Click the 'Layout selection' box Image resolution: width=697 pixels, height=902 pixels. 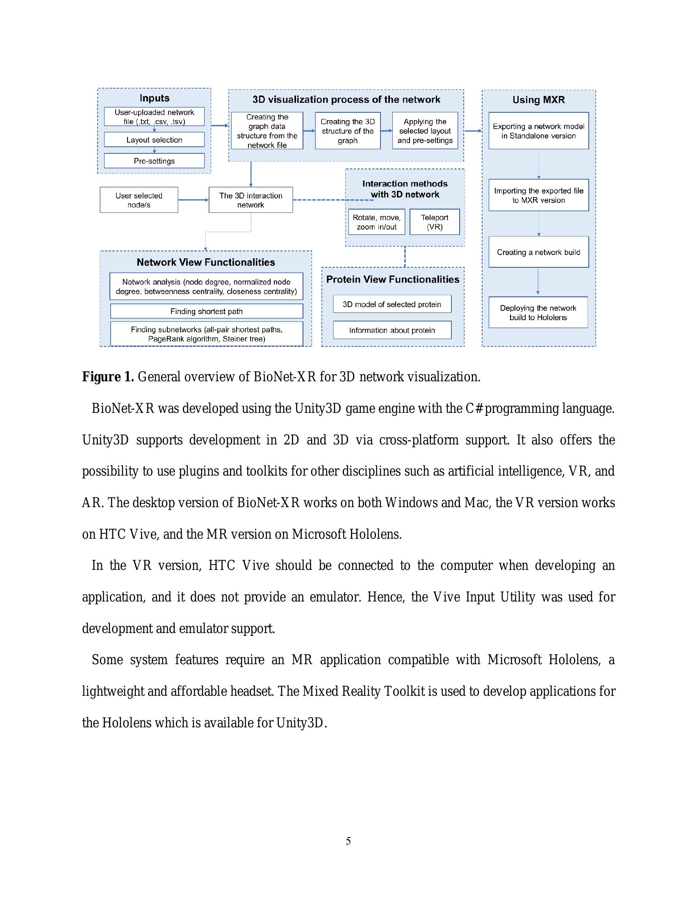[154, 139]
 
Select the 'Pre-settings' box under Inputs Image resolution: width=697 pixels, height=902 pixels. [154, 161]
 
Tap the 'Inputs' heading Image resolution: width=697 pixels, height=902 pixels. [154, 98]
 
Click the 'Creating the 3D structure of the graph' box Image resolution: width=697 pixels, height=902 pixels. [347, 131]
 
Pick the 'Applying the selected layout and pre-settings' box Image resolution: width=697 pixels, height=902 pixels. [425, 131]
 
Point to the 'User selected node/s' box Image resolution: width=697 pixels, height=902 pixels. [139, 200]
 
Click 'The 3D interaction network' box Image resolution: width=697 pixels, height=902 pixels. [251, 200]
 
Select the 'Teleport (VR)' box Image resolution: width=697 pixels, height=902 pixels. [434, 222]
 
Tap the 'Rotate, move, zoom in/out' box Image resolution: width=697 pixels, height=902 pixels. [376, 222]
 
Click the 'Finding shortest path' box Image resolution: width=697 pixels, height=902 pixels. [207, 311]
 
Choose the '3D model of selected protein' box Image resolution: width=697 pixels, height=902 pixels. [392, 304]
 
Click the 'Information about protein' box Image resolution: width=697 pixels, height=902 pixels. [392, 330]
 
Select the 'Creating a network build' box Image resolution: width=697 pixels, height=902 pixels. [538, 252]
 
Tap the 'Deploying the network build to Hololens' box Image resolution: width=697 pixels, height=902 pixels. [538, 312]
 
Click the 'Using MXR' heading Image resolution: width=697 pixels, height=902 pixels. [538, 100]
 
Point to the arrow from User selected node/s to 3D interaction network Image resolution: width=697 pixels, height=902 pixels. [193, 200]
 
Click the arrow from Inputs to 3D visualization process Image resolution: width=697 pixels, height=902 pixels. [220, 125]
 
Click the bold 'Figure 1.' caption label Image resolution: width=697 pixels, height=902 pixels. [108, 377]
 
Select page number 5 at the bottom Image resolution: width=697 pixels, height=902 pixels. [348, 841]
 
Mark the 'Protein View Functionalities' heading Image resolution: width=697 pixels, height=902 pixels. [393, 279]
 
